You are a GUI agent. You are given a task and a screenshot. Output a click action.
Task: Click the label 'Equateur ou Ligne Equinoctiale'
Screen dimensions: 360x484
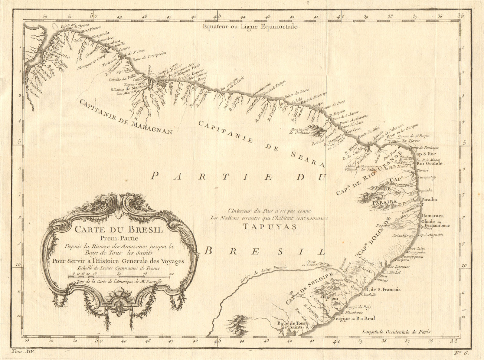coord(250,27)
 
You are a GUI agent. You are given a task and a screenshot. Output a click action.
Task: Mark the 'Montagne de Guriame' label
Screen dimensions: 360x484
coord(300,131)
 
